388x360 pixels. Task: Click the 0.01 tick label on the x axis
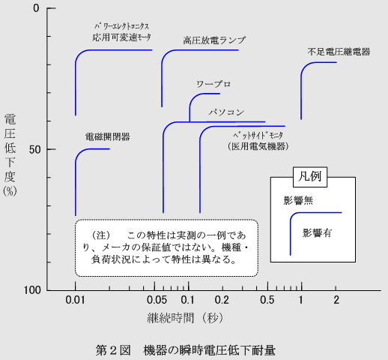75,300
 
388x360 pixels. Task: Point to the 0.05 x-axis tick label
157,300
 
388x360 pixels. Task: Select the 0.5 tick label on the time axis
267,300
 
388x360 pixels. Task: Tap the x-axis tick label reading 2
336,300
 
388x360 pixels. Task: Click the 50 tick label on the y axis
34,150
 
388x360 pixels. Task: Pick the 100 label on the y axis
32,290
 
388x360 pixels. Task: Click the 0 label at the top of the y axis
36,8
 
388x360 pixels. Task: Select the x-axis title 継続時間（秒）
185,318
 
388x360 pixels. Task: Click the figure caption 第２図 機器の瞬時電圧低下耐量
186,350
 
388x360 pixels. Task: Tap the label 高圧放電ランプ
214,40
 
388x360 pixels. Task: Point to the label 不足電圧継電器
339,52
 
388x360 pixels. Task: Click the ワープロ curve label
213,84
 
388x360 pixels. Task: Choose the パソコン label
226,112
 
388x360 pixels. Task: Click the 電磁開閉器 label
108,136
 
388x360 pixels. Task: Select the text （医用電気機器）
258,146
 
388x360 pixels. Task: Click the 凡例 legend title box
310,177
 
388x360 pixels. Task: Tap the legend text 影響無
298,200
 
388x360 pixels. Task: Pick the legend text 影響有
317,232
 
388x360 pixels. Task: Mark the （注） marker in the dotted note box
101,235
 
